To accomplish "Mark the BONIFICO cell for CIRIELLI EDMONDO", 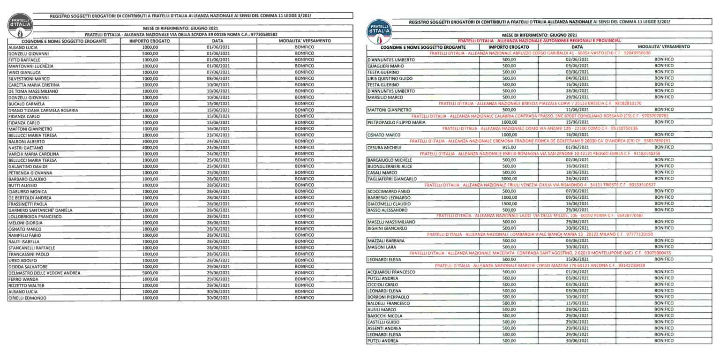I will pos(304,298).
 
